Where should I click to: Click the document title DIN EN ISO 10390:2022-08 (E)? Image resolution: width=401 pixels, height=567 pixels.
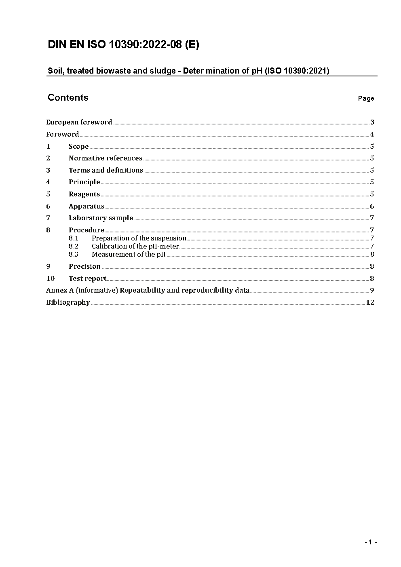[123, 45]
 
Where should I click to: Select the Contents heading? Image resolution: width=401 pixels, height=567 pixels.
[68, 98]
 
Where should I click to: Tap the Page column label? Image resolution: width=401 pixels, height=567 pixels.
[366, 99]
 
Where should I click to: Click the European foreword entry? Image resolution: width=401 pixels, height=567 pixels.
[79, 122]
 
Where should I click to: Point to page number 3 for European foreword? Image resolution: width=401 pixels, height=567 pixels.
[372, 122]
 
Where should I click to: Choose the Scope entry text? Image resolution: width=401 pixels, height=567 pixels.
[78, 146]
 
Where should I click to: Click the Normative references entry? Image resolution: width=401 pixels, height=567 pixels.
[106, 158]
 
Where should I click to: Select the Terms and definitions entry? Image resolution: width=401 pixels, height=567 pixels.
[106, 170]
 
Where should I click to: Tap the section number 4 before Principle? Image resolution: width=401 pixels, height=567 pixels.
[48, 182]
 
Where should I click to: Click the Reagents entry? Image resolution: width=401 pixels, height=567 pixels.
[84, 194]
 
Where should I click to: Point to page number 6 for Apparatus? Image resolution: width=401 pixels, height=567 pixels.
[372, 207]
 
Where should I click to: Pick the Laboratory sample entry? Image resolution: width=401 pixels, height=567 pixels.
[101, 218]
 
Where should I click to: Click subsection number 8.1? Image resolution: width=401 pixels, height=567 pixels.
[74, 238]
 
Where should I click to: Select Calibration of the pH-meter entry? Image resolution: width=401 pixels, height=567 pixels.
[135, 246]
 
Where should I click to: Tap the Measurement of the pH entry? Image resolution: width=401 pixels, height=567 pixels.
[129, 254]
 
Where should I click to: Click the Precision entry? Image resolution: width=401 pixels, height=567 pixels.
[84, 266]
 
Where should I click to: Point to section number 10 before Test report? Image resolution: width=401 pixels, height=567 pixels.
[50, 278]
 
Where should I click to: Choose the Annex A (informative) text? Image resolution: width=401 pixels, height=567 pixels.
[82, 290]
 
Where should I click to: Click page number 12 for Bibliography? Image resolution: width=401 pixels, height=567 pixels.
[370, 302]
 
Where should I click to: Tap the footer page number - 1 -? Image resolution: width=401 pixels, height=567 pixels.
[370, 542]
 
